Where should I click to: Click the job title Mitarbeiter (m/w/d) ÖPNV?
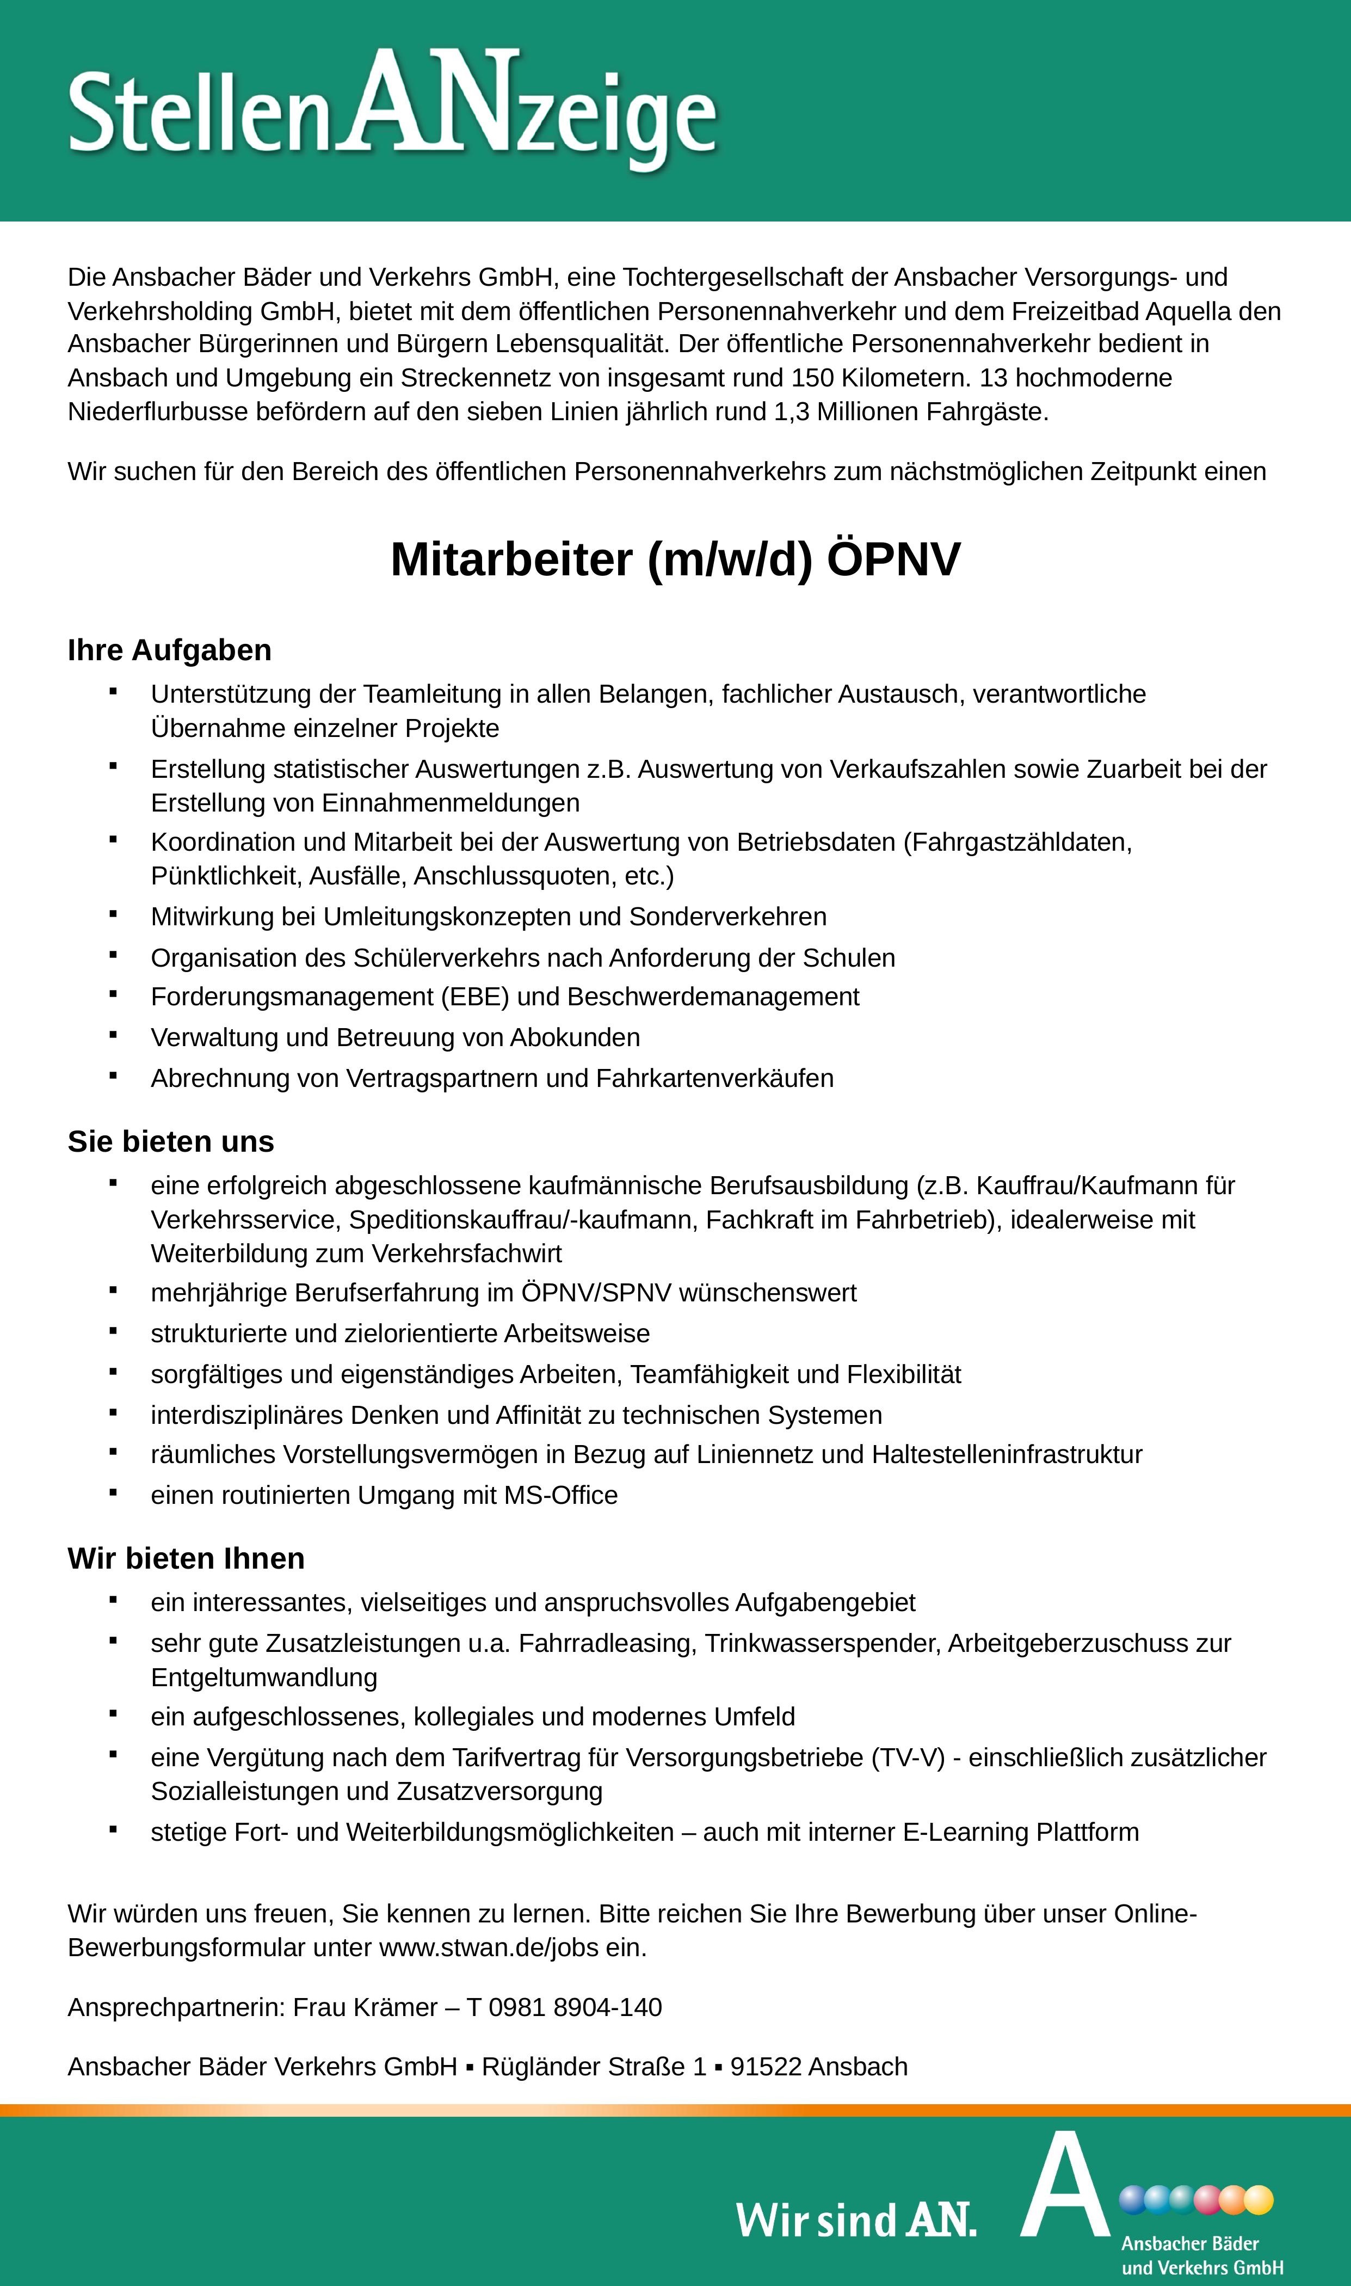click(675, 559)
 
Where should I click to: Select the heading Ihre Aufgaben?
click(169, 650)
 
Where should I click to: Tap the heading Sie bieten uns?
click(170, 1141)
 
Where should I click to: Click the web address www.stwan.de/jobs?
click(488, 1947)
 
